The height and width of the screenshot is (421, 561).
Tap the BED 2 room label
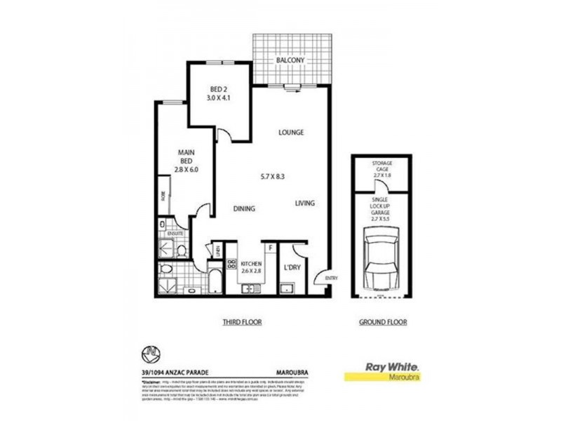click(x=219, y=89)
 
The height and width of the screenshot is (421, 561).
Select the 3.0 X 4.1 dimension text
click(x=219, y=98)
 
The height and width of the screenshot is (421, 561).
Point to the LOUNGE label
click(x=290, y=132)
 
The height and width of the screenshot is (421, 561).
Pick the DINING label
click(x=243, y=208)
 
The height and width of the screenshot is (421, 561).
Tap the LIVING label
click(x=304, y=203)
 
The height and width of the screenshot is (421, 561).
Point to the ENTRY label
click(x=331, y=279)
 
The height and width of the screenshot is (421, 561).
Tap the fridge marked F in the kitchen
click(x=269, y=247)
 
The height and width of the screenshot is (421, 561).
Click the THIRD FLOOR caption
click(x=242, y=322)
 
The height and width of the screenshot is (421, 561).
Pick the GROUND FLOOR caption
click(x=382, y=322)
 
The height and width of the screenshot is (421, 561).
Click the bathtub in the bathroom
click(x=215, y=279)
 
